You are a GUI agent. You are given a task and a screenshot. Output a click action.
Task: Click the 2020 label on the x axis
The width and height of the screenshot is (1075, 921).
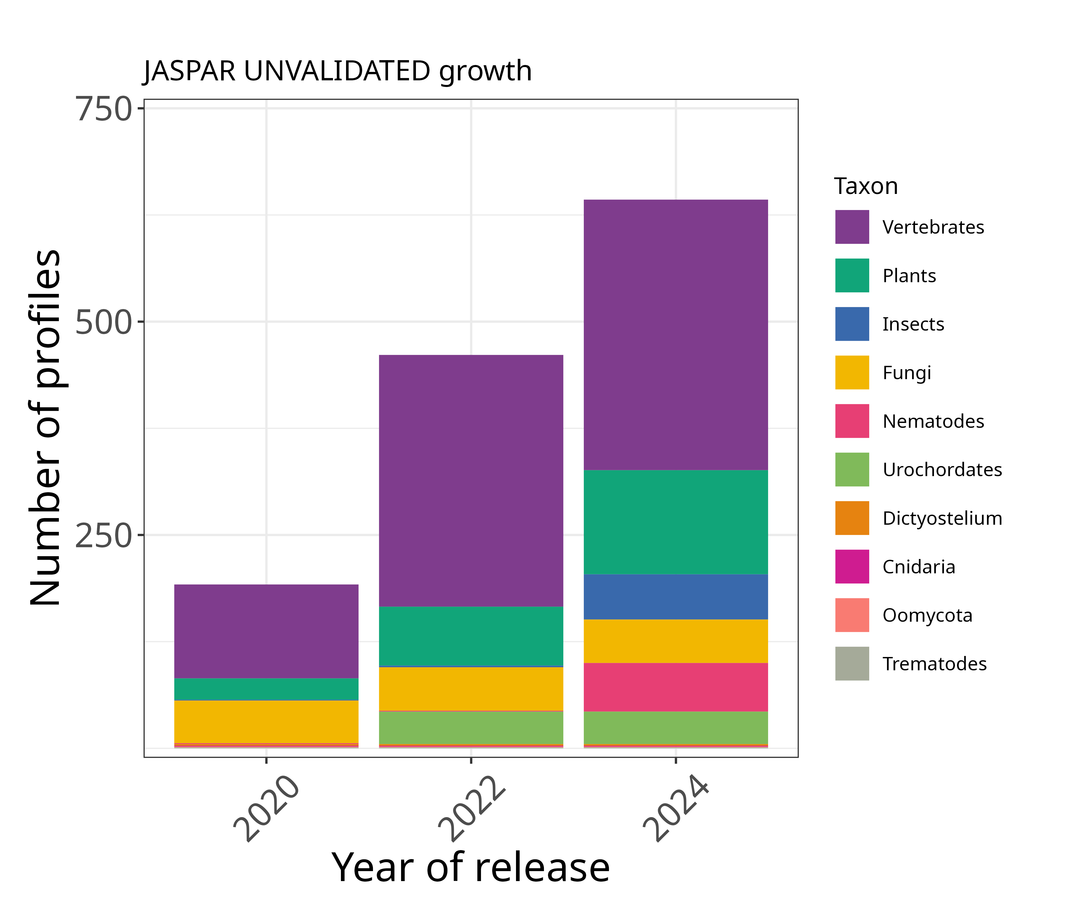(x=266, y=809)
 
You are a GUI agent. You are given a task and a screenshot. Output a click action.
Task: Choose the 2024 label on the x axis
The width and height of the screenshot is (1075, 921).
(x=675, y=809)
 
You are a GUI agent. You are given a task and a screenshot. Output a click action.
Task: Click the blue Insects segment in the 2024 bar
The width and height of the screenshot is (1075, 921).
(x=675, y=597)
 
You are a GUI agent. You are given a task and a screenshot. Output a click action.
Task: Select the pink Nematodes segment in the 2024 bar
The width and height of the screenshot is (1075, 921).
(x=675, y=687)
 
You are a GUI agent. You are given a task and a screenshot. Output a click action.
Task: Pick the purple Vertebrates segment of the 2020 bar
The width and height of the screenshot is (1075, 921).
(x=266, y=631)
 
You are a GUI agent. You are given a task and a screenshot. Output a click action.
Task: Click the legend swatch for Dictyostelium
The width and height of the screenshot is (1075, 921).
(x=852, y=518)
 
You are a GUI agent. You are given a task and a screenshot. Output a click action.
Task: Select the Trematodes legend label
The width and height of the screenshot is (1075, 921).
(x=934, y=664)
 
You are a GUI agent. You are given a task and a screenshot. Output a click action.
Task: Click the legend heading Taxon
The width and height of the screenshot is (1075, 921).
(x=865, y=186)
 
